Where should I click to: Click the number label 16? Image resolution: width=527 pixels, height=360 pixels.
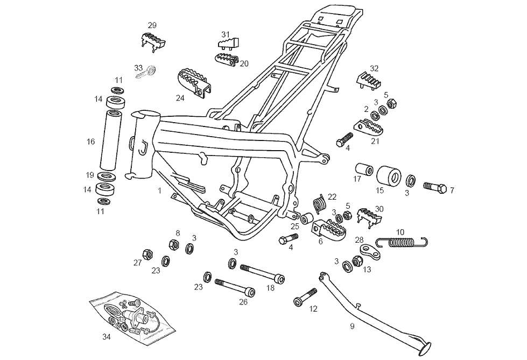coord(90,142)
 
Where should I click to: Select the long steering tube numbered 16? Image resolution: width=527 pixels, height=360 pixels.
coord(111,140)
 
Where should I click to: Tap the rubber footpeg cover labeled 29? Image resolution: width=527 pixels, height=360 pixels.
coord(152,40)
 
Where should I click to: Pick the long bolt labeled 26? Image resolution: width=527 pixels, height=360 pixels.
coord(235,286)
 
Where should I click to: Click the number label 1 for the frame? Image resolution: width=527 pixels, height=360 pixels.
coord(160,190)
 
